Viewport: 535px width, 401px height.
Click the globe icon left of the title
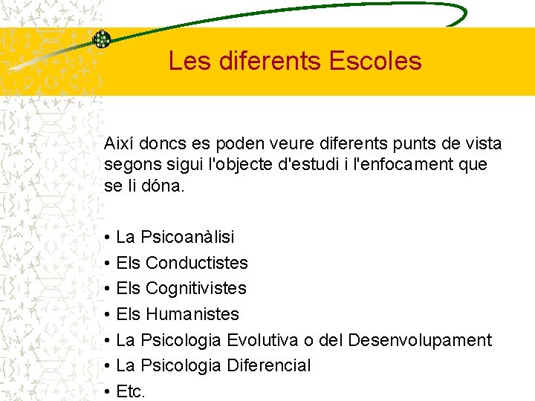pyautogui.click(x=101, y=39)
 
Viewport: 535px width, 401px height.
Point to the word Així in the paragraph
pyautogui.click(x=120, y=143)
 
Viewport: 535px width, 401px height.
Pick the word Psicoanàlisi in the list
pyautogui.click(x=187, y=237)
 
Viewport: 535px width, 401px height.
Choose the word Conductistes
pyautogui.click(x=197, y=263)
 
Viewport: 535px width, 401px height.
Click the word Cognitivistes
pyautogui.click(x=196, y=288)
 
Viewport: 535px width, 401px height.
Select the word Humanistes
pyautogui.click(x=192, y=314)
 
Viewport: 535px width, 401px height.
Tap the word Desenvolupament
pyautogui.click(x=420, y=340)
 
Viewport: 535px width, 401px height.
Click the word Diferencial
pyautogui.click(x=268, y=365)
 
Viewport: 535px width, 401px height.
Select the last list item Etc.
pyautogui.click(x=131, y=391)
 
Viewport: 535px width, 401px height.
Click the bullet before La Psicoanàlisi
pyautogui.click(x=108, y=238)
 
